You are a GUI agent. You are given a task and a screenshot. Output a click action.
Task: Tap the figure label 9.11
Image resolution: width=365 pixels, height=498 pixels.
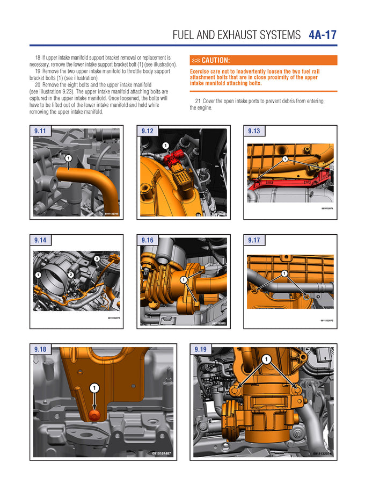tap(40, 131)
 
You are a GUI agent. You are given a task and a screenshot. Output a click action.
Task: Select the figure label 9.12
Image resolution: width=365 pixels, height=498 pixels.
tap(147, 131)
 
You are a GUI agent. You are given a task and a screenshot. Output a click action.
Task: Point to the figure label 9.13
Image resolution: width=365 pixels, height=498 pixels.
tap(254, 131)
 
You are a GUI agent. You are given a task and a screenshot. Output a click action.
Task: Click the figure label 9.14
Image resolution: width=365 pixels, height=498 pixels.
tap(40, 240)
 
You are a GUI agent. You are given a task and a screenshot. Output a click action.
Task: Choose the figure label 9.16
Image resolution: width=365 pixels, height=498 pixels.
tap(147, 240)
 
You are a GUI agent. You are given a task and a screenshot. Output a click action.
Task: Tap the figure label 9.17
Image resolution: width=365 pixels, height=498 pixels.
tap(254, 240)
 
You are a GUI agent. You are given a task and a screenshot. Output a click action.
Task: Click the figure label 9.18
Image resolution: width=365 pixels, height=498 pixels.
tap(40, 349)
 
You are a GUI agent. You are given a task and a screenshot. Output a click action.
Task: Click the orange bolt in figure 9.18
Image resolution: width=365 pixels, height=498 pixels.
tap(95, 414)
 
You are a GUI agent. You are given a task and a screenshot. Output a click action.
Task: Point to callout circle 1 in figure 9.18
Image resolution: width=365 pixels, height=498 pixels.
tap(94, 387)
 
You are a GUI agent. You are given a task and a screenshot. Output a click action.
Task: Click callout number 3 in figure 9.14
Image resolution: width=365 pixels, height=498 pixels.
tap(97, 259)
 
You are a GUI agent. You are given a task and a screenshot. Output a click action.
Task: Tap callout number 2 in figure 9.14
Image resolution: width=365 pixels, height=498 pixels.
tap(70, 275)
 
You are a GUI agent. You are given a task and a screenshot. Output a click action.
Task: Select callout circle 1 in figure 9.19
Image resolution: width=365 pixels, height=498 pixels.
tap(266, 359)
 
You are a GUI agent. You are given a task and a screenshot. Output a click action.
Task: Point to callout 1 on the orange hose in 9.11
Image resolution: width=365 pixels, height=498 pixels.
tap(69, 158)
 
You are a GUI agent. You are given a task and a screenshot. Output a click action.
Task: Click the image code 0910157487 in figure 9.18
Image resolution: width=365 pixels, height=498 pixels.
tap(161, 453)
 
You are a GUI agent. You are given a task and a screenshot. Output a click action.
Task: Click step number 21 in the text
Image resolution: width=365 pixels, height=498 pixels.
tap(198, 101)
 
